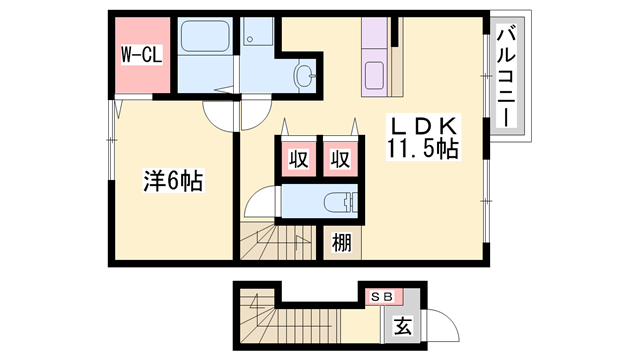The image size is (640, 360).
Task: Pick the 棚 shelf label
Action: pos(341,242)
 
